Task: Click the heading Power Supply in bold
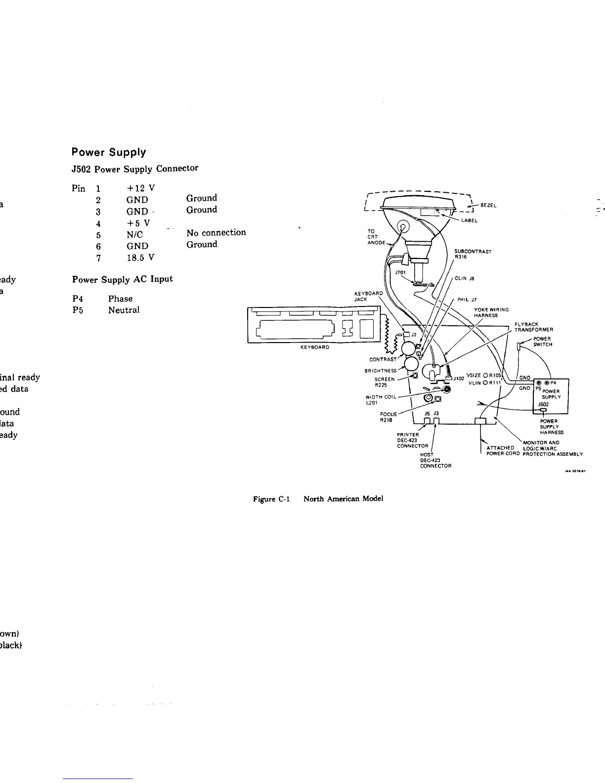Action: [x=109, y=152]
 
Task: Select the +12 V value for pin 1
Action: [x=140, y=188]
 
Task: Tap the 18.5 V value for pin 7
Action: [x=140, y=258]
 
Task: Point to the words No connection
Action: [x=216, y=232]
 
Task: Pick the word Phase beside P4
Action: [x=120, y=299]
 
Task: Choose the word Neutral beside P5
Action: [x=124, y=310]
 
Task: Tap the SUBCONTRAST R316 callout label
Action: [x=473, y=254]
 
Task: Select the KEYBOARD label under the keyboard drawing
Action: [x=315, y=347]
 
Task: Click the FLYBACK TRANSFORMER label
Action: [x=533, y=327]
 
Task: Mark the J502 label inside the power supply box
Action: [x=544, y=404]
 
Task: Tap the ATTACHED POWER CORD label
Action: [x=500, y=451]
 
